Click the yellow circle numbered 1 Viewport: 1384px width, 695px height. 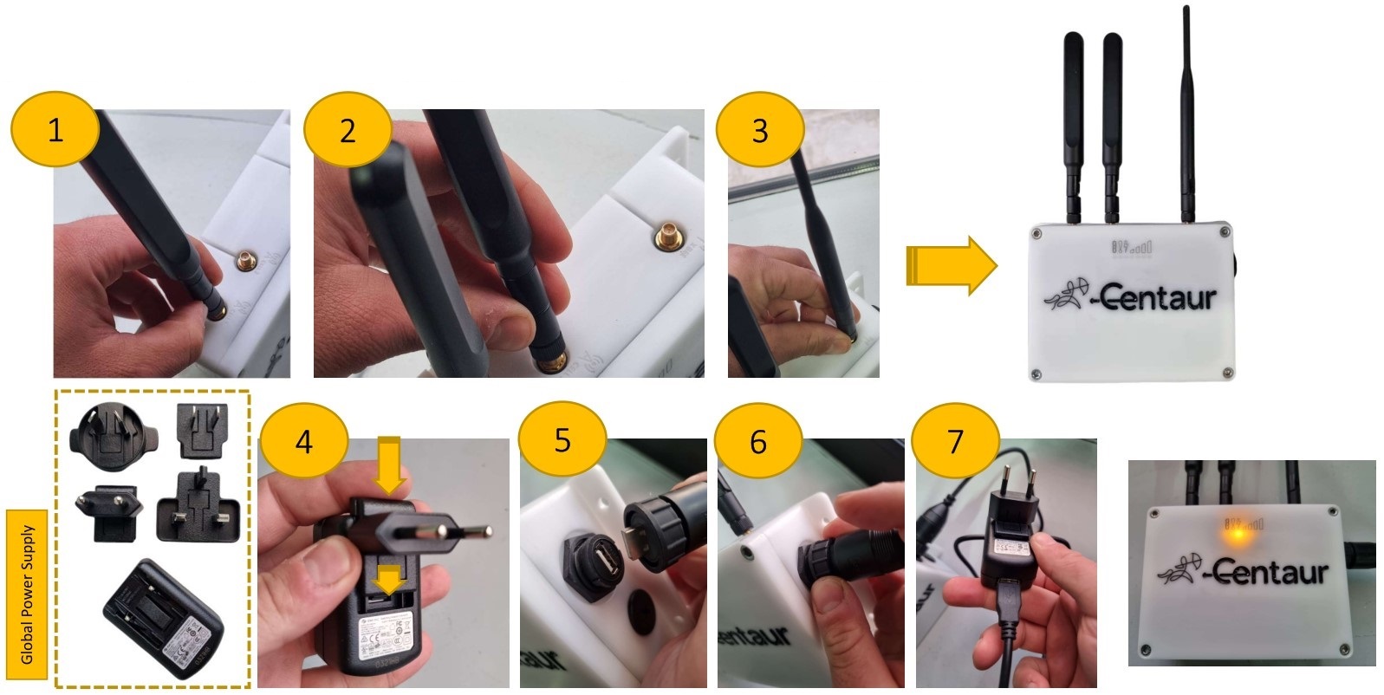coord(55,130)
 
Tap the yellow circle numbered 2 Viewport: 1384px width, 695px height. coord(347,130)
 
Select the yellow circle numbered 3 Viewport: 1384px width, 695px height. coord(760,130)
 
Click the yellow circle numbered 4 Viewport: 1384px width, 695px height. coord(303,442)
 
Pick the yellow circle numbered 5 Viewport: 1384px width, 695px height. coord(562,440)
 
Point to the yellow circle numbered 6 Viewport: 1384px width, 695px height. coord(758,441)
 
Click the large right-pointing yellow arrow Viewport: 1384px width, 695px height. coord(952,265)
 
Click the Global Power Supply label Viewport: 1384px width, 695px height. coord(27,594)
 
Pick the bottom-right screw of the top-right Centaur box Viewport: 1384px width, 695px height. coord(1225,373)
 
